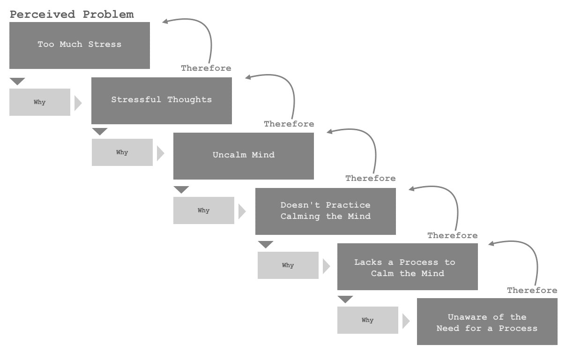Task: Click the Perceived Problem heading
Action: pyautogui.click(x=72, y=15)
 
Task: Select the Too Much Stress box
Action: pyautogui.click(x=80, y=45)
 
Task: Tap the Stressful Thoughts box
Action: pyautogui.click(x=162, y=101)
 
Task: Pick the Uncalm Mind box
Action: pyautogui.click(x=244, y=156)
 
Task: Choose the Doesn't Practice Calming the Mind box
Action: pyautogui.click(x=326, y=211)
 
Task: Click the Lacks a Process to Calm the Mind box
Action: pyautogui.click(x=408, y=267)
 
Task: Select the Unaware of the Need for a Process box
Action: pyautogui.click(x=487, y=322)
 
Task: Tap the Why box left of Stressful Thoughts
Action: pyautogui.click(x=40, y=102)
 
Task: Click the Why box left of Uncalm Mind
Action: pyautogui.click(x=122, y=152)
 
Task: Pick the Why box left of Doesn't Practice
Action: pyautogui.click(x=204, y=210)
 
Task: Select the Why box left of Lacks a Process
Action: pyautogui.click(x=288, y=265)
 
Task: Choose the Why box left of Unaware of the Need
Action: pyautogui.click(x=368, y=320)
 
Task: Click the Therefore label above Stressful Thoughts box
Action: pyautogui.click(x=206, y=68)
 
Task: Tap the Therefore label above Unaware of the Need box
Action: pyautogui.click(x=532, y=290)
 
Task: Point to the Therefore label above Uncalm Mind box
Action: pyautogui.click(x=289, y=124)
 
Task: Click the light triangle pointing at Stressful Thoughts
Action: pyautogui.click(x=78, y=103)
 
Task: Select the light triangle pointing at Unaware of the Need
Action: pyautogui.click(x=406, y=321)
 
